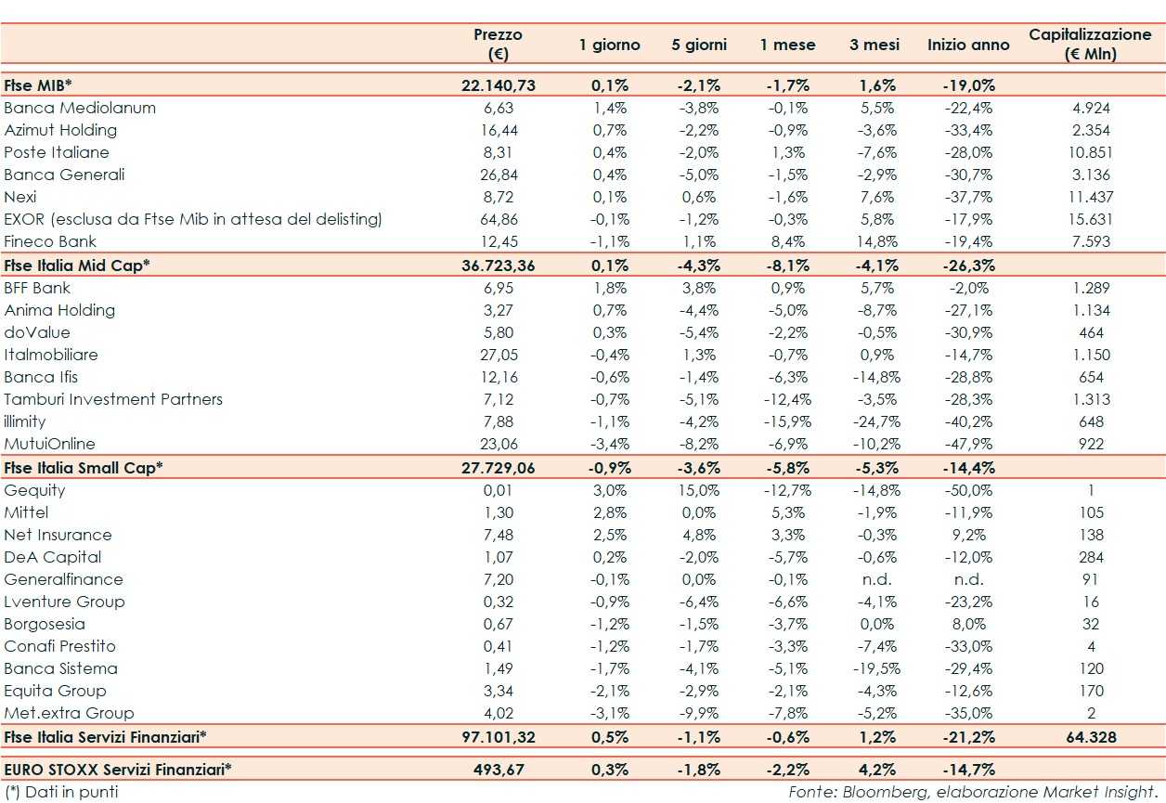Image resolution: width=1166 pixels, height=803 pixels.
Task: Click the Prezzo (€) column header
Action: (499, 44)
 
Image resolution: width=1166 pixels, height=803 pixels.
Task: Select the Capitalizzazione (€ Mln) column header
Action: (1090, 44)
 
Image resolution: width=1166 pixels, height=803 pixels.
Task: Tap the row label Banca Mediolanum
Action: (80, 108)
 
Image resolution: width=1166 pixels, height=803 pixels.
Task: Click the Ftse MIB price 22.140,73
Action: (499, 85)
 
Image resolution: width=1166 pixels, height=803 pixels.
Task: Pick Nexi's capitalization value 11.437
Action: (1090, 197)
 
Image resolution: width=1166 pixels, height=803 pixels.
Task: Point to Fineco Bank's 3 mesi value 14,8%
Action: (873, 241)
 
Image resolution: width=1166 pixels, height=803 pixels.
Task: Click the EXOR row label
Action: (193, 219)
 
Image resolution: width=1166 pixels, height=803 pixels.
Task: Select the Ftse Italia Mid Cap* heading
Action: (77, 265)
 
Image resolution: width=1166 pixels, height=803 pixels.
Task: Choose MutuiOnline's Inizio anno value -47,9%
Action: (968, 444)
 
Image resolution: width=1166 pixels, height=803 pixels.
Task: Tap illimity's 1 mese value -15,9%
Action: (787, 421)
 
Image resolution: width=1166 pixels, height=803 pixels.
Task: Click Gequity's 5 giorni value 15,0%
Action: (699, 490)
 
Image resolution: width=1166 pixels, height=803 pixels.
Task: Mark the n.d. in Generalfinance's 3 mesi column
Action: (874, 579)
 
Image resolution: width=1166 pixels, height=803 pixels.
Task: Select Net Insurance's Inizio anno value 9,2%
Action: (968, 535)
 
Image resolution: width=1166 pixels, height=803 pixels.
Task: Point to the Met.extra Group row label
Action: (69, 713)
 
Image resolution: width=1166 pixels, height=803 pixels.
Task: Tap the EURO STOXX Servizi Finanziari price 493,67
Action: (499, 770)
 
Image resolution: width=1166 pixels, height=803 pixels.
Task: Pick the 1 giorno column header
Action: (610, 45)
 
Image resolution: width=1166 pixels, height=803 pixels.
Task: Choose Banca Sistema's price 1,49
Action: (499, 668)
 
